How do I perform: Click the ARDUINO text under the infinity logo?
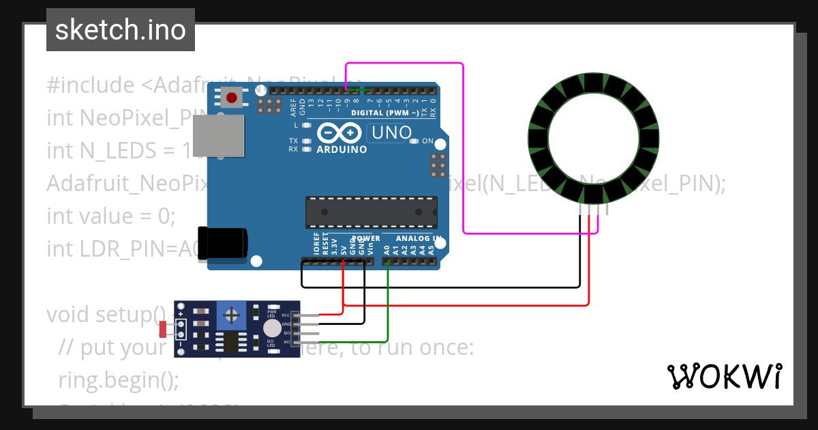pyautogui.click(x=342, y=149)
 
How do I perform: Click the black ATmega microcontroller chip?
pyautogui.click(x=371, y=212)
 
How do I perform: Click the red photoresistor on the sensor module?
pyautogui.click(x=163, y=330)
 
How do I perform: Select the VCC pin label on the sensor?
pyautogui.click(x=286, y=315)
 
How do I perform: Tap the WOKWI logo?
pyautogui.click(x=724, y=376)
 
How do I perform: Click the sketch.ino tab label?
pyautogui.click(x=121, y=30)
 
